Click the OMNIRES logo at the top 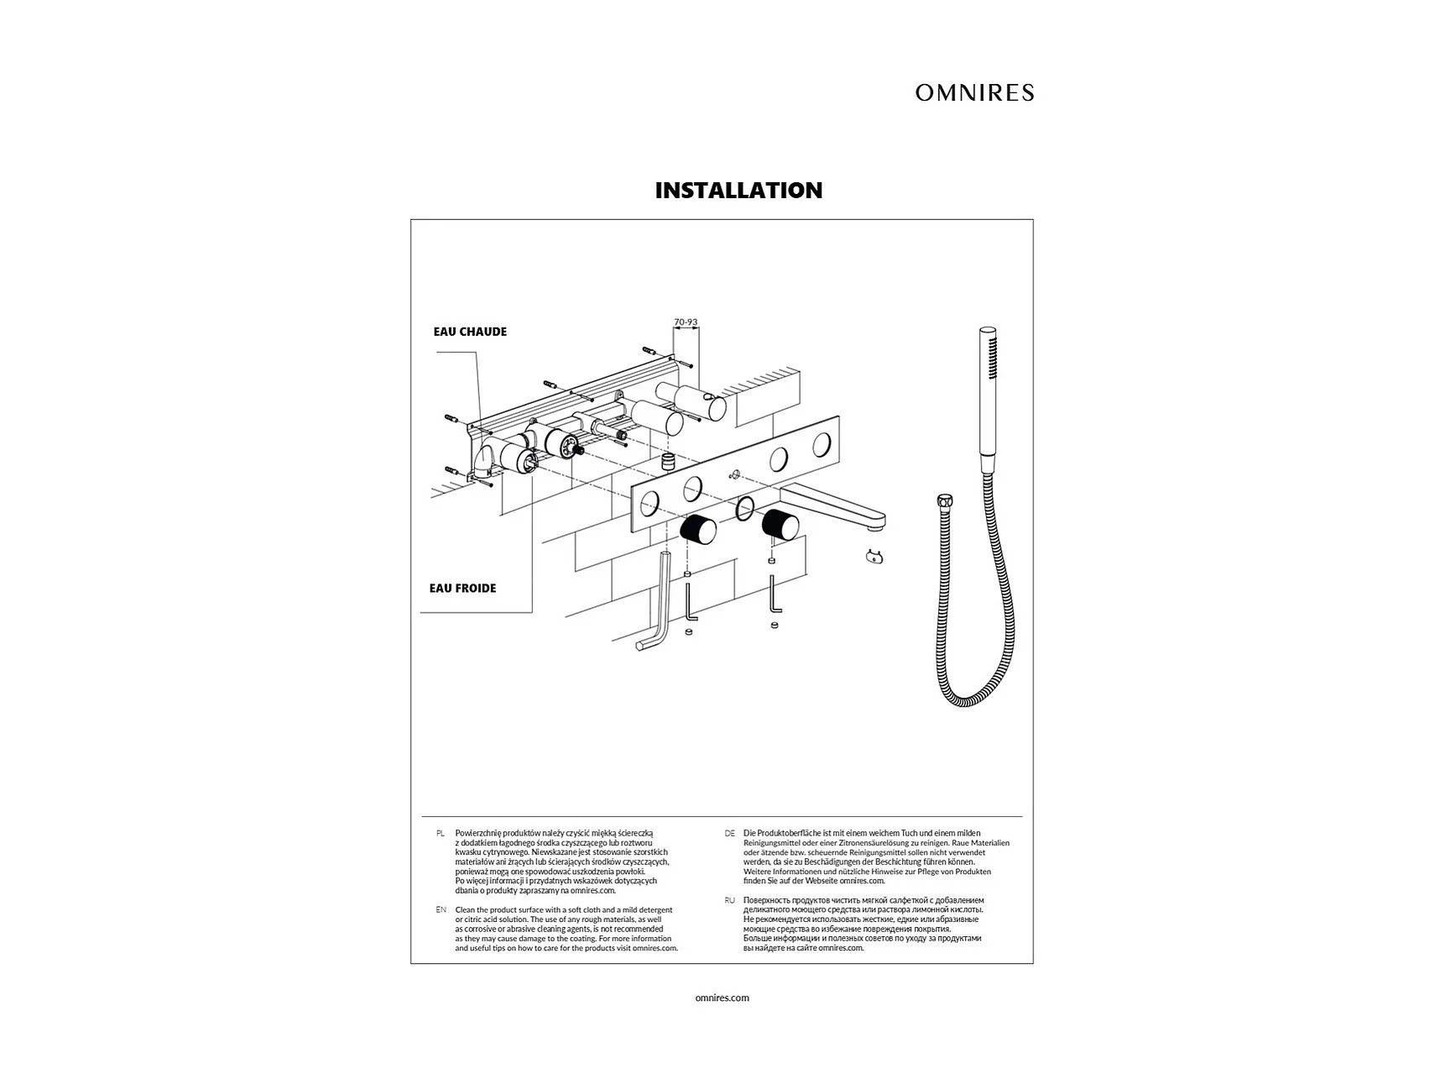(x=974, y=92)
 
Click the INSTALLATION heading (x=738, y=190)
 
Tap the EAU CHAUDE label (x=470, y=332)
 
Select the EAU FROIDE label (x=462, y=588)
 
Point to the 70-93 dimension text (x=686, y=322)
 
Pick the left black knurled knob (x=697, y=529)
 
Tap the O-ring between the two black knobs (x=744, y=509)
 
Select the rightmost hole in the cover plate (x=823, y=445)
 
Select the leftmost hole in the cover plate (x=649, y=505)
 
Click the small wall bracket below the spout (x=874, y=556)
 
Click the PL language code (x=440, y=833)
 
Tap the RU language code (x=729, y=900)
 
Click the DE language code (x=729, y=833)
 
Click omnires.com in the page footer (x=722, y=998)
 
